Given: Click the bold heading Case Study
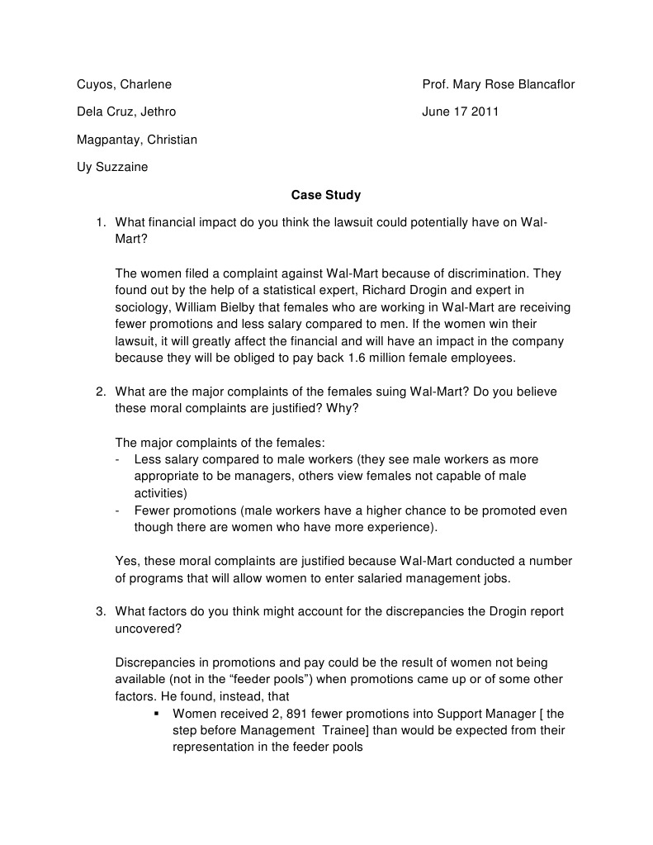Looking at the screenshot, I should (325, 196).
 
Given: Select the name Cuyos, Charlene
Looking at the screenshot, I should (124, 84).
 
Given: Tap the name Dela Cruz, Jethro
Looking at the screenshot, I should (125, 112).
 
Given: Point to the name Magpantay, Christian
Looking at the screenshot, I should (137, 140).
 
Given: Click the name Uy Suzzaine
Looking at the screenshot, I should (112, 168).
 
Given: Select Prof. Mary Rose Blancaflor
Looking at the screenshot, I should (498, 84).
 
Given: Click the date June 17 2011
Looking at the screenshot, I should (460, 112).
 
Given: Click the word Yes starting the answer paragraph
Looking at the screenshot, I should (126, 562).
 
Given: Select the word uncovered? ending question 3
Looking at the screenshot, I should (148, 629).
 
